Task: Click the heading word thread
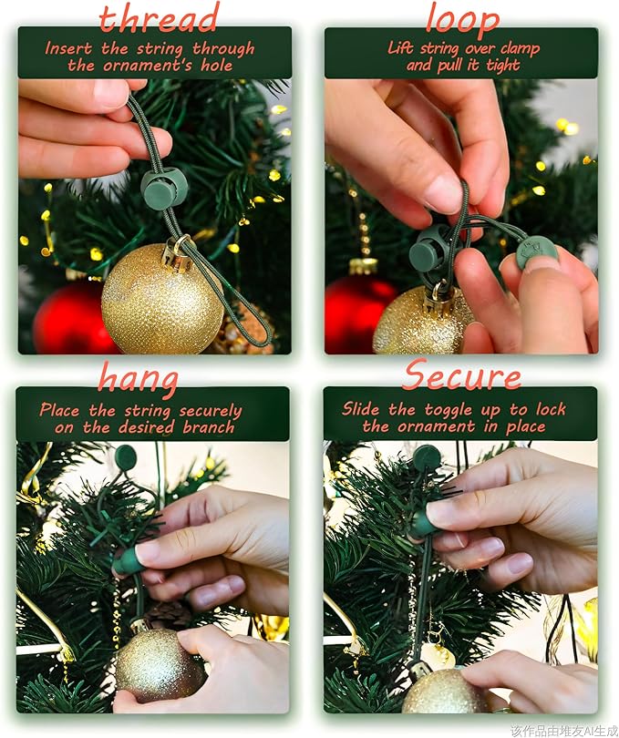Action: pos(159,17)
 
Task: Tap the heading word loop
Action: pos(461,18)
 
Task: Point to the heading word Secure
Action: pos(462,374)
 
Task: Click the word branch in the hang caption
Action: pos(210,427)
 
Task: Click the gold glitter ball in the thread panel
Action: pos(161,310)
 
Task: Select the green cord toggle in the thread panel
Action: pos(164,188)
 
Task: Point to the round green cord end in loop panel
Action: pos(537,251)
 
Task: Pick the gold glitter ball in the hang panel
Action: pos(159,664)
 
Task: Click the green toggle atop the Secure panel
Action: pos(426,456)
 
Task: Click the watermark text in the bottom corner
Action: pos(562,730)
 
